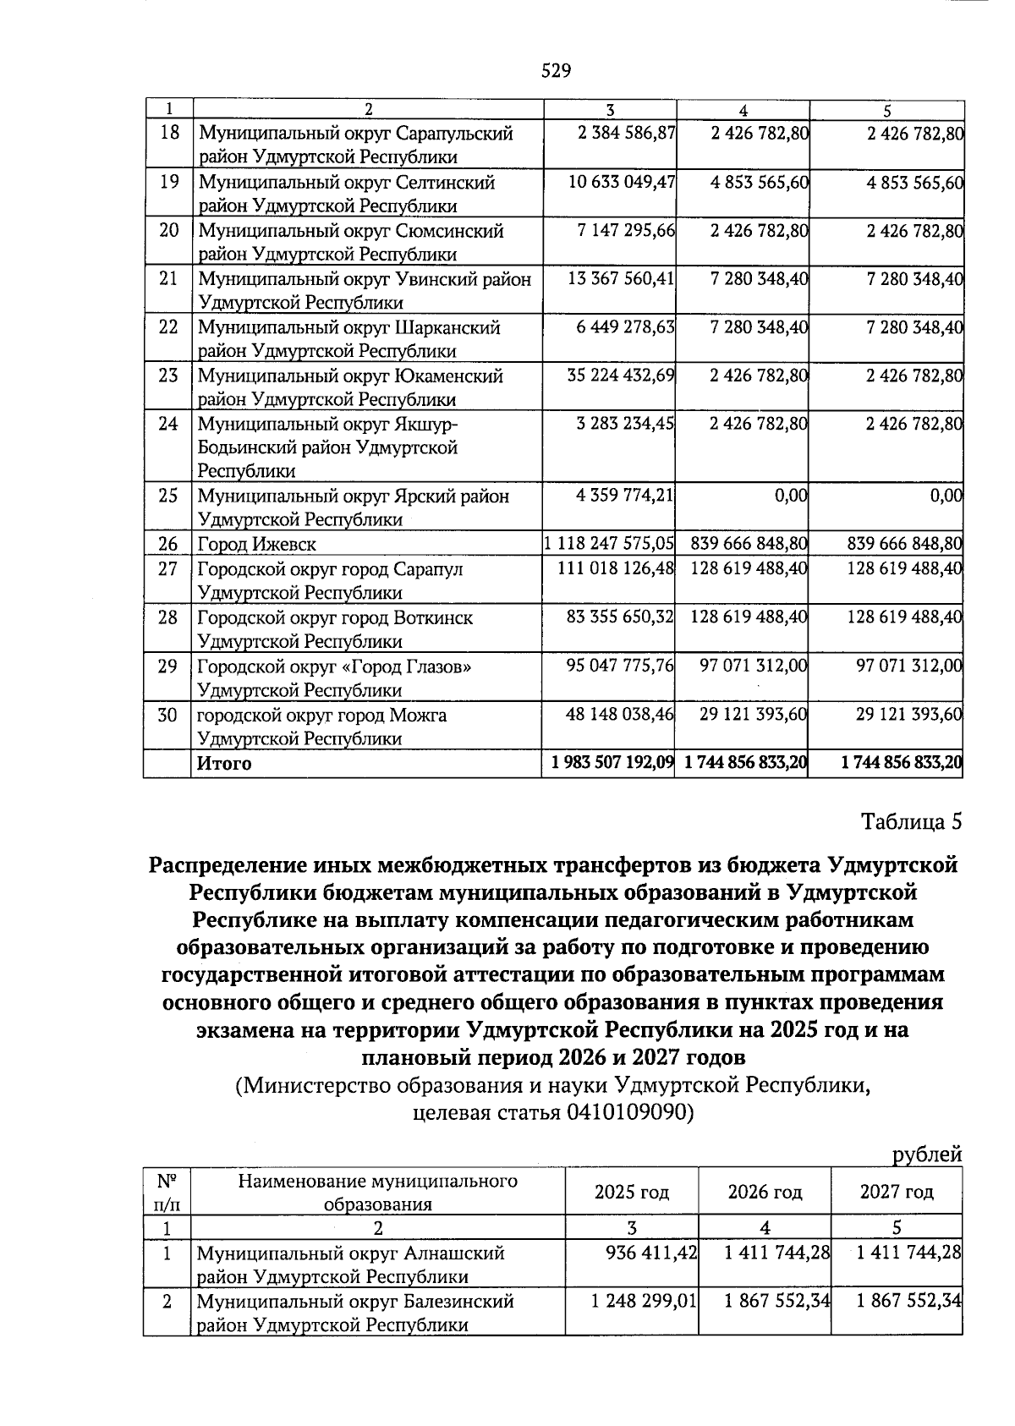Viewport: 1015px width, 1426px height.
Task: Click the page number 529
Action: (556, 71)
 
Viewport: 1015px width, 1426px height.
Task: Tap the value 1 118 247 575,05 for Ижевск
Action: (610, 544)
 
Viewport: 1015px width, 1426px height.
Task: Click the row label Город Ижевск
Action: (256, 545)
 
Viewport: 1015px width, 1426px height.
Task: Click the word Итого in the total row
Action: (224, 764)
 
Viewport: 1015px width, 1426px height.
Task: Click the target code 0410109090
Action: (625, 1113)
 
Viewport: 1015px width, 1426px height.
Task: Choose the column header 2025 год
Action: (632, 1193)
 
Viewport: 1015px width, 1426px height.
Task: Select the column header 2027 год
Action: (897, 1193)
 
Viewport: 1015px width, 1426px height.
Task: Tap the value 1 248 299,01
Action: (644, 1301)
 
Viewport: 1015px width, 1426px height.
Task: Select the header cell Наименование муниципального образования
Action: (377, 1193)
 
